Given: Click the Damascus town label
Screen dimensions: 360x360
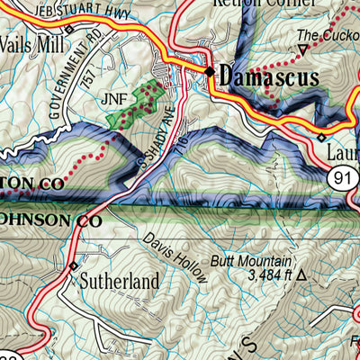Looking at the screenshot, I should coord(269,77).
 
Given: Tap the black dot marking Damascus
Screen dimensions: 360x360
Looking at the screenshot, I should coord(210,72).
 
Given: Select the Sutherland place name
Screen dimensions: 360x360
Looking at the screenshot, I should coord(120,281).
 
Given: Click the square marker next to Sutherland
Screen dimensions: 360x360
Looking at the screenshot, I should coord(73,266).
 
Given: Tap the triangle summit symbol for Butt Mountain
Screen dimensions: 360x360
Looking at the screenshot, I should coord(301,275).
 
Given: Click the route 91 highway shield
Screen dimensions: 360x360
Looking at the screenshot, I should coord(341,178).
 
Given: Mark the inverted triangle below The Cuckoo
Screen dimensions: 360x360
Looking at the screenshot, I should coord(303,49).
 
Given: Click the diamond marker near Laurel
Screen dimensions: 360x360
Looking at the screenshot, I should coord(321,137).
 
